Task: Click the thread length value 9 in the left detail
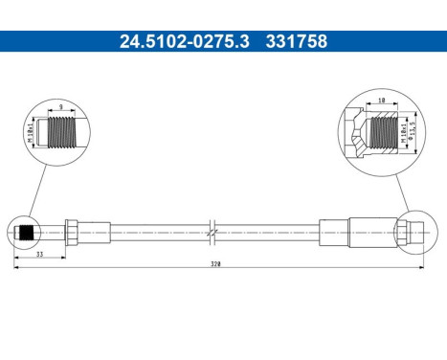click(60, 108)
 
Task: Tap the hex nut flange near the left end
click(73, 231)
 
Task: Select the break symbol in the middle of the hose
click(214, 231)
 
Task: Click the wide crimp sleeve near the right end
click(369, 231)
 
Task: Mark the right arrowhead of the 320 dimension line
click(420, 269)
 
